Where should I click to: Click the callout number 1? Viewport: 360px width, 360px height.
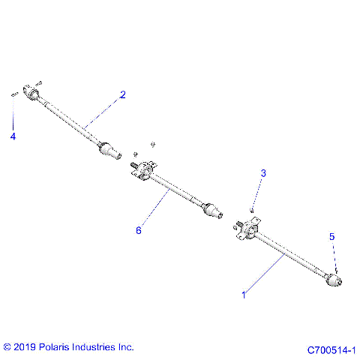(243, 295)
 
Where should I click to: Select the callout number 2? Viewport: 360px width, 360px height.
(123, 94)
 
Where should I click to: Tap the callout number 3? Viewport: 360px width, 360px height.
(263, 173)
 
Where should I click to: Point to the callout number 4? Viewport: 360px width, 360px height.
(12, 136)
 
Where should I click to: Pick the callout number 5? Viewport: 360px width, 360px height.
(333, 236)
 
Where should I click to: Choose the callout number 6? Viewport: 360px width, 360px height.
(138, 230)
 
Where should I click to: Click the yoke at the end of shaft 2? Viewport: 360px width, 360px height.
(32, 93)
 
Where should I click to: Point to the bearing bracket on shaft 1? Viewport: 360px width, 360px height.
(246, 229)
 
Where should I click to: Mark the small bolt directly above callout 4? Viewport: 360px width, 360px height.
(14, 94)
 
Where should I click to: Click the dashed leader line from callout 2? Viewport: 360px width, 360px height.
(104, 109)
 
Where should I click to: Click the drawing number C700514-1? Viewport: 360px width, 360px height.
(331, 349)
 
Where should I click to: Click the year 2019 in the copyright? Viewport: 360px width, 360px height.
(24, 347)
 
